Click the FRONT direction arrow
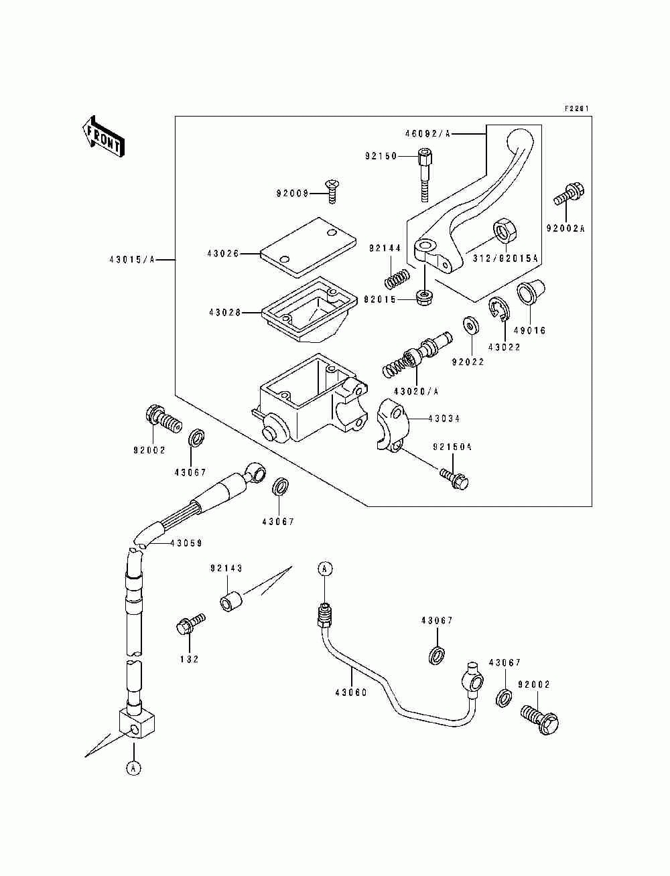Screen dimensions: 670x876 [103, 137]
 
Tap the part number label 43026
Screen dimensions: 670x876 [223, 253]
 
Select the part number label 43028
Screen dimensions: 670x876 [225, 313]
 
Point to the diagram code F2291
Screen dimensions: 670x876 [577, 108]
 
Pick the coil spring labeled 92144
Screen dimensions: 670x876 [397, 278]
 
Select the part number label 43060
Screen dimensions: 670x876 [351, 692]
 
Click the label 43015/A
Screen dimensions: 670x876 [132, 259]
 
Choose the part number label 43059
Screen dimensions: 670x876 [186, 543]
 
